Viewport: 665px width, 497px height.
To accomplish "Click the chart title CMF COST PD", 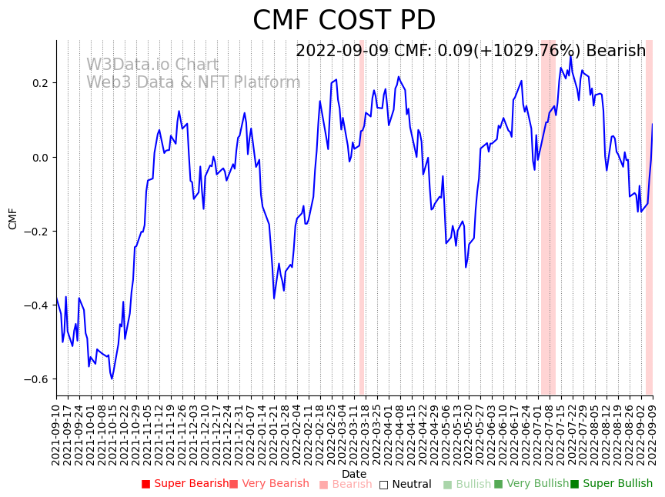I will (x=344, y=21).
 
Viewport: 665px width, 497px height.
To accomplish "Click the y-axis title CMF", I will (x=13, y=218).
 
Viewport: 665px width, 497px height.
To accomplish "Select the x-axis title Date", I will (x=354, y=474).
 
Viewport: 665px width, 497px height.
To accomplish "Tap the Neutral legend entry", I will (x=406, y=484).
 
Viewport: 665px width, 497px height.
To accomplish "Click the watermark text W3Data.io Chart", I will (x=152, y=65).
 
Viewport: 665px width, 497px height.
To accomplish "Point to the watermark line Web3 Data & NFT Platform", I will (x=193, y=82).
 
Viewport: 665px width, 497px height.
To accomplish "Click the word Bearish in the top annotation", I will (x=616, y=52).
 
